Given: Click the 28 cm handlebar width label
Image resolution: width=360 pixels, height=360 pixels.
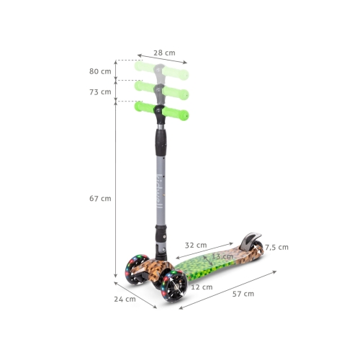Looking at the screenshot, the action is [x=164, y=53].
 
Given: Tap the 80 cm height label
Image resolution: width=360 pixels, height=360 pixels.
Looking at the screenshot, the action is [x=100, y=71].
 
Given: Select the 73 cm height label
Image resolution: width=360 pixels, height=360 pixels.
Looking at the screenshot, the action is [x=100, y=92].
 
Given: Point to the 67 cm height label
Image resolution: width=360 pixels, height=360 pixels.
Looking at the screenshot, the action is [x=100, y=199].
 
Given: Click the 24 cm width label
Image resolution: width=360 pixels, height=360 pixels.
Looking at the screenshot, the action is [x=125, y=299].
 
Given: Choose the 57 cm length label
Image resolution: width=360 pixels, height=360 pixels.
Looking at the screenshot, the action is [x=243, y=294].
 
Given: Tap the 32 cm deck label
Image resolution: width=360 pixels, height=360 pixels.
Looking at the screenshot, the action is [x=196, y=246].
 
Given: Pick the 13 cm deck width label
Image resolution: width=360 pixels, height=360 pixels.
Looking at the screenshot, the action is [x=222, y=256].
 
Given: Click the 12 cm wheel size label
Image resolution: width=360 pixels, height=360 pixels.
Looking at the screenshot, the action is [x=202, y=287].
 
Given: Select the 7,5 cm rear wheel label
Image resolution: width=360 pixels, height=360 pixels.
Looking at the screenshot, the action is [x=276, y=247].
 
